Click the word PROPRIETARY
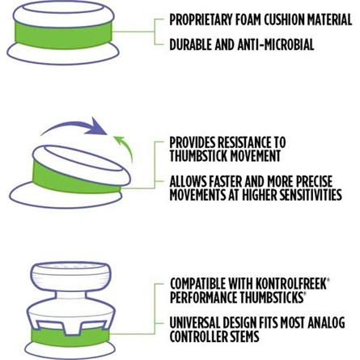(x=201, y=19)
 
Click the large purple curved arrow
(x=74, y=127)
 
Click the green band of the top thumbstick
(x=63, y=36)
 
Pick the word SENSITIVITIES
(x=310, y=195)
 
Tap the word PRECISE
(x=315, y=181)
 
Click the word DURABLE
(x=191, y=44)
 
